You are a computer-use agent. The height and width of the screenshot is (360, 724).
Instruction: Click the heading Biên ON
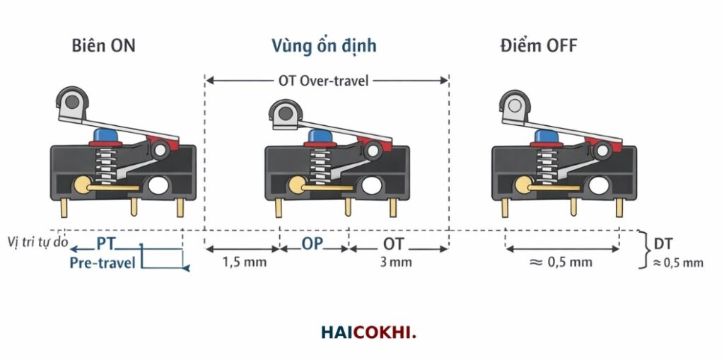[103, 46]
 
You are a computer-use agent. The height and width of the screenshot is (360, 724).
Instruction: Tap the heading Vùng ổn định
[324, 46]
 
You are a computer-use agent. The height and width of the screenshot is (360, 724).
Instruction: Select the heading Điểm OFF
[538, 46]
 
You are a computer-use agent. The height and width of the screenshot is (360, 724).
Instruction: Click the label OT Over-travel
[324, 81]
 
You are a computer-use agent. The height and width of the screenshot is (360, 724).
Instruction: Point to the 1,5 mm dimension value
[245, 262]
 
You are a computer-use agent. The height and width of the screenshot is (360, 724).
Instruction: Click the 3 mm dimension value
[396, 262]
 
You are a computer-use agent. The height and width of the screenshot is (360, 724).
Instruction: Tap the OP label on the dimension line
[313, 243]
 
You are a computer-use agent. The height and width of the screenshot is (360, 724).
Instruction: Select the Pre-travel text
[103, 263]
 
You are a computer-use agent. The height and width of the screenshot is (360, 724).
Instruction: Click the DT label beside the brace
[663, 243]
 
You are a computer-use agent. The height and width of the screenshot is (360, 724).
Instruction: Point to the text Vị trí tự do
[38, 242]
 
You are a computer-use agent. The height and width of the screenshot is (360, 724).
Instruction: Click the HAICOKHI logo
[368, 332]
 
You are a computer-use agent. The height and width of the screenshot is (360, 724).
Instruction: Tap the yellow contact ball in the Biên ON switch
[82, 185]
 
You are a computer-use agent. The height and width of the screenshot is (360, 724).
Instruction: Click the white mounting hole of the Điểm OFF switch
[598, 185]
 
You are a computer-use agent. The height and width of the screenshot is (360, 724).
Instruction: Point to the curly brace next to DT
[643, 250]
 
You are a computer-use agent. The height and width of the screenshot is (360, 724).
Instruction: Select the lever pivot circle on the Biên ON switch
[160, 150]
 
